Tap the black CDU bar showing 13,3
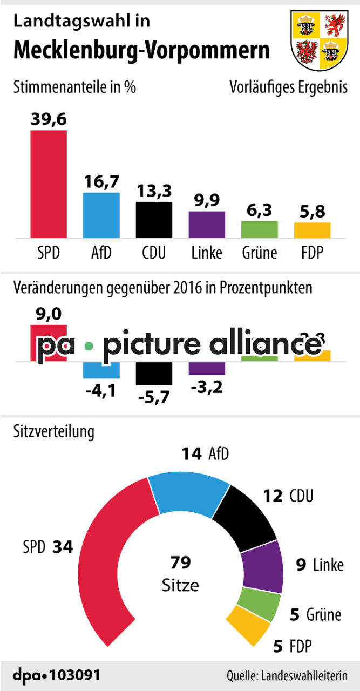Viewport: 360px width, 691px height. pos(154,220)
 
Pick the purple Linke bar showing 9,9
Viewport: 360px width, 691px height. pos(207,225)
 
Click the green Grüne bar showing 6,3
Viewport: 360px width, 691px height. pos(260,229)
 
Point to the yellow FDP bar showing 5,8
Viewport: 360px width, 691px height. pos(312,230)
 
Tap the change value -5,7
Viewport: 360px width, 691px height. pos(154,397)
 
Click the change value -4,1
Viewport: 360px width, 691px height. pos(101,389)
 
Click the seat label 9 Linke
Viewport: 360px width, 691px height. pos(320,565)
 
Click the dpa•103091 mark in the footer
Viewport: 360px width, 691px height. pos(56,675)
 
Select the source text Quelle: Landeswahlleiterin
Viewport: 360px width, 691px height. pos(286,676)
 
